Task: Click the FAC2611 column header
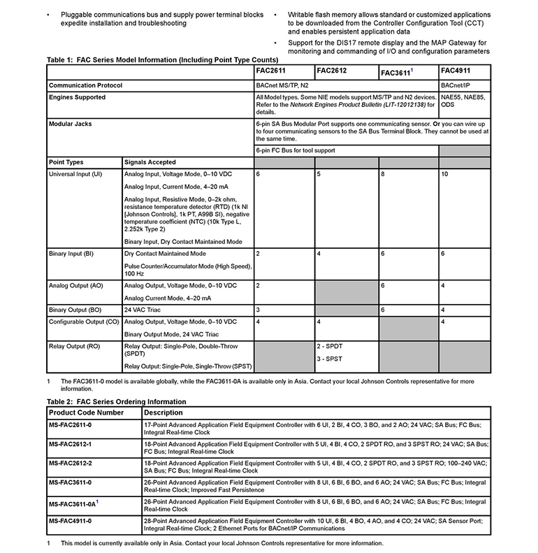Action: pyautogui.click(x=272, y=71)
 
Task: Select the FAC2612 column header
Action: pyautogui.click(x=332, y=71)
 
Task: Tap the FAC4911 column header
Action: pyautogui.click(x=455, y=71)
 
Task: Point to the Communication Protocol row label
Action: pyautogui.click(x=86, y=85)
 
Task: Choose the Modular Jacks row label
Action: pyautogui.click(x=71, y=124)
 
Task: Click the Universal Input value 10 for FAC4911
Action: pyautogui.click(x=444, y=173)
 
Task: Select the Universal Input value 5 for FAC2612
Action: pyautogui.click(x=319, y=173)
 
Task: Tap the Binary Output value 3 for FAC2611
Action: pyautogui.click(x=259, y=309)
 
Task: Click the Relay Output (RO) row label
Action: pyautogui.click(x=75, y=346)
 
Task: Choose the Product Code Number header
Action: pyautogui.click(x=86, y=412)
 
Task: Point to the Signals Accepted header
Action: pyautogui.click(x=150, y=162)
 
